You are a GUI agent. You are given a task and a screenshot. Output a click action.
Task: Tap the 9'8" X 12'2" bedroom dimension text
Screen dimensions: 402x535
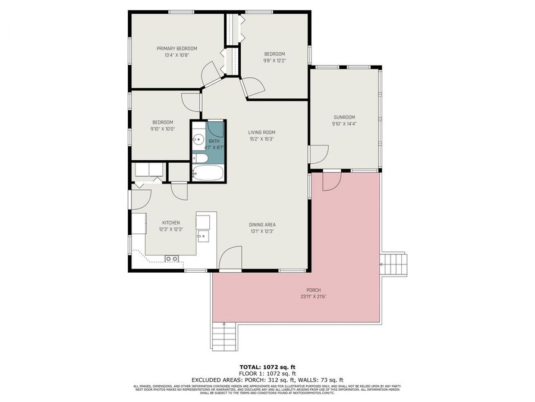[275, 60]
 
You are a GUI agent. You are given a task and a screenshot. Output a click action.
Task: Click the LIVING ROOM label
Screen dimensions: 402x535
[262, 132]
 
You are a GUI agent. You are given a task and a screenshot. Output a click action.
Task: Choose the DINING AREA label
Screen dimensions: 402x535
[262, 225]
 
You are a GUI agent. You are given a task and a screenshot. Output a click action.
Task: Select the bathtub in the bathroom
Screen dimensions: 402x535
[208, 173]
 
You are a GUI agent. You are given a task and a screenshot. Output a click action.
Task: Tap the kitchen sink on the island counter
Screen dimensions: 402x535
[203, 236]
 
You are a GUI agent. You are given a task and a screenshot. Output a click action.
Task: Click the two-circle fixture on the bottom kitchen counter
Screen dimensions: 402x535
[172, 258]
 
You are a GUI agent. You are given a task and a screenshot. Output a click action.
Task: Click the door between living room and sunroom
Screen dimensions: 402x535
[317, 154]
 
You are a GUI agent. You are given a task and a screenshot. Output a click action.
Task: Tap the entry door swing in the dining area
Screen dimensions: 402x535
[230, 260]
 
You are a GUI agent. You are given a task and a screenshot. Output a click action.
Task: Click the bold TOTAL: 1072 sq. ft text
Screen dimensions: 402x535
[267, 367]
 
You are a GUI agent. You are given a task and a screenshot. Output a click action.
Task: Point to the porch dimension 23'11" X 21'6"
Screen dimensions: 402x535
[314, 296]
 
